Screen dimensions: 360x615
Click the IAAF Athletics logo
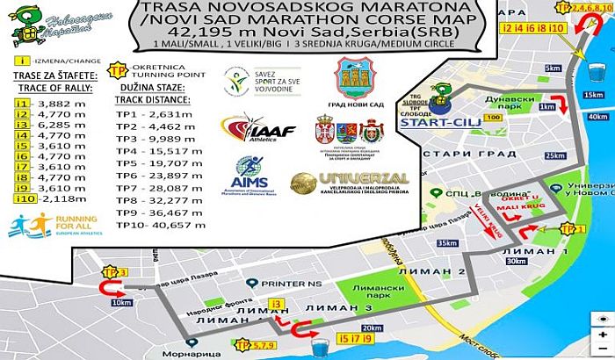[x=259, y=129]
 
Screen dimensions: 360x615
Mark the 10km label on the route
[x=122, y=302]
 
